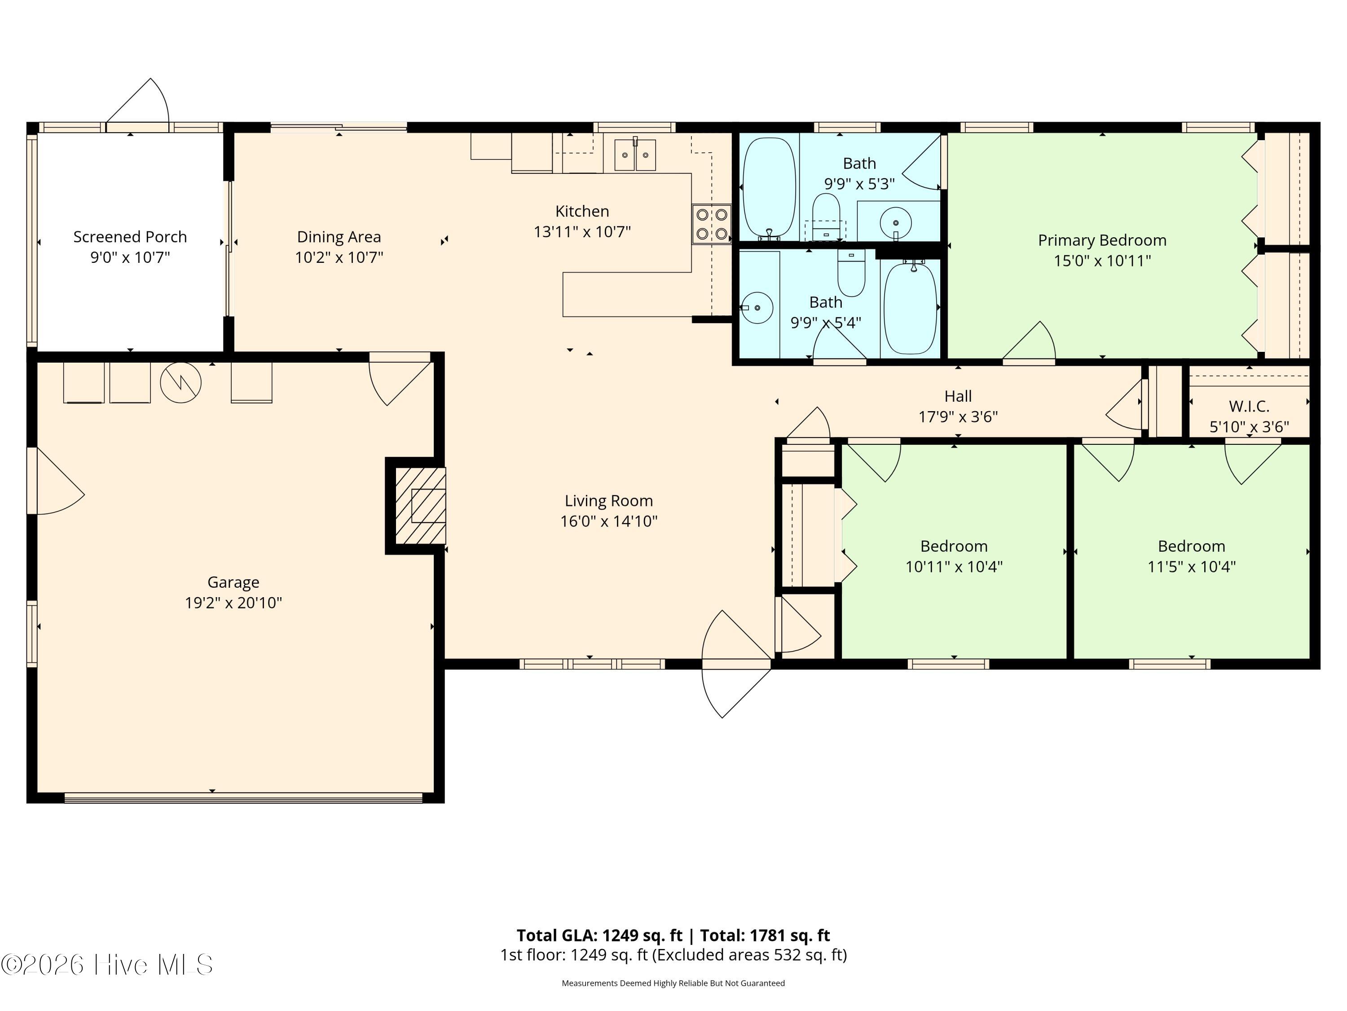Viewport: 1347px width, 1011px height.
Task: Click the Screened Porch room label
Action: (x=130, y=236)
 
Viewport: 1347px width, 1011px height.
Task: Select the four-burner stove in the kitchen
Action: (x=711, y=224)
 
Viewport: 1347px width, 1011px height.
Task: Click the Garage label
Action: (x=233, y=582)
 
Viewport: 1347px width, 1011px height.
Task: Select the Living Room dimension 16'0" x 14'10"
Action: (x=608, y=521)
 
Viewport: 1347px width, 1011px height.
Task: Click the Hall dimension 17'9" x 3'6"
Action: (x=957, y=416)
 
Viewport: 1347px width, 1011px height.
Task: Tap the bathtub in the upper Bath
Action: (x=769, y=188)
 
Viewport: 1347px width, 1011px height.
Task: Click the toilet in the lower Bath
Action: (x=851, y=273)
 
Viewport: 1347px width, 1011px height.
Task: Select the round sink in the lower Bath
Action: (x=757, y=307)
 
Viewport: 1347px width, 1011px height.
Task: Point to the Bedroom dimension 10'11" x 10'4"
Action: (x=953, y=567)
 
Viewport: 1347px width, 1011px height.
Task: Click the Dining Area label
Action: (x=339, y=236)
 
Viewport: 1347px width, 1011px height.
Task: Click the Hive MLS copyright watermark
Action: (x=107, y=965)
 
